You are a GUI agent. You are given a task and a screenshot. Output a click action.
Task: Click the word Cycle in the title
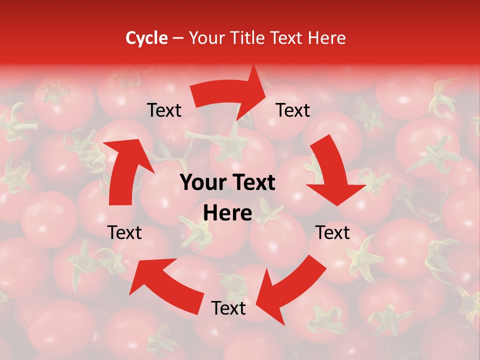coord(146,38)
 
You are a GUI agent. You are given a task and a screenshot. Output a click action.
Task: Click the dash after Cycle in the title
coord(178,38)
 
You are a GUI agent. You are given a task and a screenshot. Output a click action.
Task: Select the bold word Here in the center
coord(227,213)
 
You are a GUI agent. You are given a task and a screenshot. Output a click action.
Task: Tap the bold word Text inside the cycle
coord(252,183)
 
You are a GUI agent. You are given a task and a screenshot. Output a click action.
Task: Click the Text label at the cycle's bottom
coord(228,308)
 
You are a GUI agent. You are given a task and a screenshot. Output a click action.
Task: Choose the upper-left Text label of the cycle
coord(164,110)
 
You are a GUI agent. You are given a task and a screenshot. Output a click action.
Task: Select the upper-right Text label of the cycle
coord(293,110)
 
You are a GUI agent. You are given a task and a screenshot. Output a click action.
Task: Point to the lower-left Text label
coord(124,232)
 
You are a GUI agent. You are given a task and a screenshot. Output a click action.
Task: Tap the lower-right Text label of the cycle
coord(332,232)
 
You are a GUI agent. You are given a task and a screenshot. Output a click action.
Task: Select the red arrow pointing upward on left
coord(125,170)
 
